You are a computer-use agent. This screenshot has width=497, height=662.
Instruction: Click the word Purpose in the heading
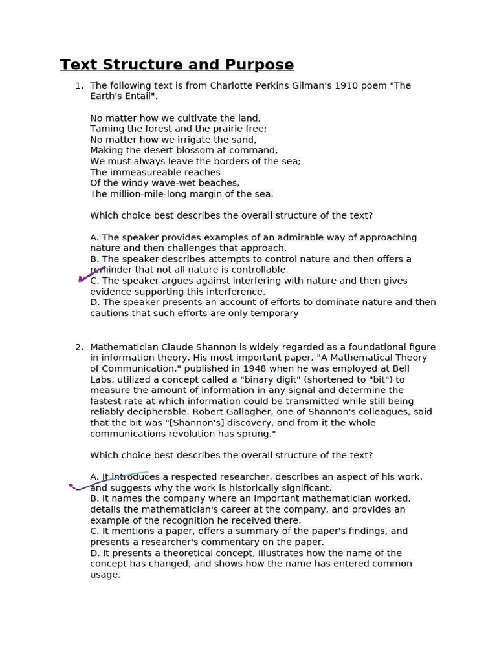pyautogui.click(x=258, y=65)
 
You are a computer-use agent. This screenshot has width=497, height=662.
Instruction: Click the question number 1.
pyautogui.click(x=78, y=85)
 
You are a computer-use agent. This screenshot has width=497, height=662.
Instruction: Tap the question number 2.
pyautogui.click(x=78, y=347)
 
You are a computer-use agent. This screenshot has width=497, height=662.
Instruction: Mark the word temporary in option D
pyautogui.click(x=276, y=314)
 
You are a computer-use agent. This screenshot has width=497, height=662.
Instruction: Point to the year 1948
pyautogui.click(x=248, y=368)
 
